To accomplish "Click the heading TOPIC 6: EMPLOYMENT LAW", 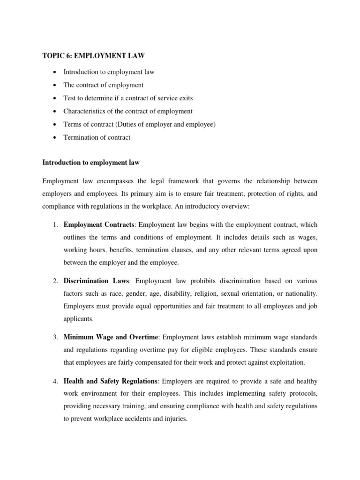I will pos(93,56).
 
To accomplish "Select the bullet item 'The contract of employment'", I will pos(103,85).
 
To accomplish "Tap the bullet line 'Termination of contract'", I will pos(97,137).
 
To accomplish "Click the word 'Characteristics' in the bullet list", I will pos(85,111).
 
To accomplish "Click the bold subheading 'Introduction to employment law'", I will pos(91,163).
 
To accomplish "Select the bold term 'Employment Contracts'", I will pos(99,225).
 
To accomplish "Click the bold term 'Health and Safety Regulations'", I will pos(111,380).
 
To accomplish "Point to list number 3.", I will pos(55,337).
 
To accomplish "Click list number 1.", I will pos(55,225).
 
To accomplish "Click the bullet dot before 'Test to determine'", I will pos(55,98).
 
